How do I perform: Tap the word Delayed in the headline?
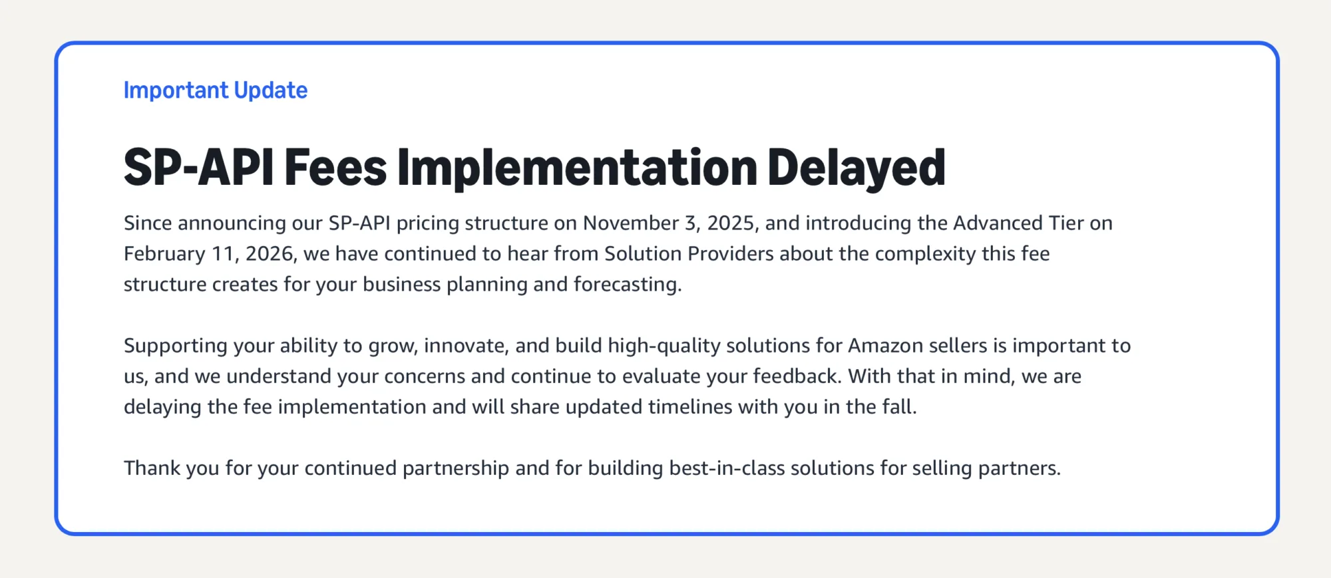pyautogui.click(x=856, y=168)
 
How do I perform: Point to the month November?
pyautogui.click(x=630, y=223)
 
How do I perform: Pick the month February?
pyautogui.click(x=164, y=254)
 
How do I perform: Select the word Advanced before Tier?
pyautogui.click(x=998, y=223)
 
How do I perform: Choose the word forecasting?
pyautogui.click(x=628, y=285)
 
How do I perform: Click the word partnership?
pyautogui.click(x=456, y=469)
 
